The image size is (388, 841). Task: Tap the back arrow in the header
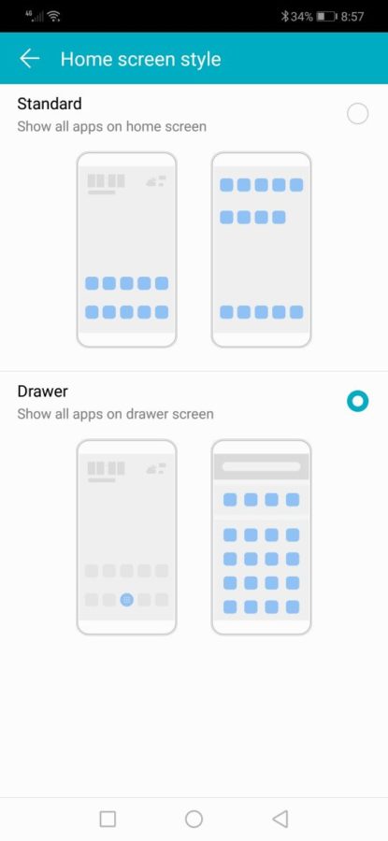[30, 59]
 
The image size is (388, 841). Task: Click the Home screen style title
[140, 59]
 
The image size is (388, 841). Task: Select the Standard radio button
[357, 114]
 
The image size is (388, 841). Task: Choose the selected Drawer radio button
[357, 401]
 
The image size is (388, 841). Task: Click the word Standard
[50, 103]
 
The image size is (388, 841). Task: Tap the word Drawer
[42, 391]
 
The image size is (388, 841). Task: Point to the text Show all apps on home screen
[111, 126]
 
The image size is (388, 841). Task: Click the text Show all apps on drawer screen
[115, 414]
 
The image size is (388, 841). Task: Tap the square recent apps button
[108, 819]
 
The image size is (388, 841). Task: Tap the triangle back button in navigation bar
[280, 819]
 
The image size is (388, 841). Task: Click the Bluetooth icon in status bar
[284, 17]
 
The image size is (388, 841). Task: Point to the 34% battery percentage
[302, 17]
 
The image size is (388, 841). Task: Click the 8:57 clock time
[352, 17]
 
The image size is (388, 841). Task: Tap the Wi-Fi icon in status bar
[53, 17]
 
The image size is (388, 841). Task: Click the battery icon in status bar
[326, 17]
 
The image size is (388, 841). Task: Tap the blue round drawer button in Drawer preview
[126, 600]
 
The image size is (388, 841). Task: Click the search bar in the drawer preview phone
[262, 466]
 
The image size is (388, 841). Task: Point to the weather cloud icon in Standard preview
[156, 181]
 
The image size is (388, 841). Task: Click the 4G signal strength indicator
[35, 16]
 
